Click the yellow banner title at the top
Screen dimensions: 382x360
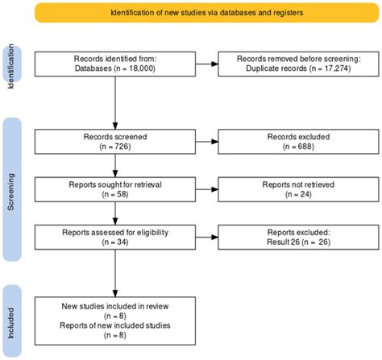pos(207,13)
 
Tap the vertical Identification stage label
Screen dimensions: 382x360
pos(10,66)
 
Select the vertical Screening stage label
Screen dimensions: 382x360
pos(10,192)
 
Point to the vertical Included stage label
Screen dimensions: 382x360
pos(10,323)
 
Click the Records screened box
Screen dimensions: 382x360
pos(115,142)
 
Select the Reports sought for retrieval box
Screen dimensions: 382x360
pos(115,189)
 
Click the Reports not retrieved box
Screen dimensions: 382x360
pos(298,189)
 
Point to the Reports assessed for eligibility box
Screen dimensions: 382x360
pos(115,237)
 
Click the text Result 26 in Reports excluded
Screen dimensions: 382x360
pos(283,242)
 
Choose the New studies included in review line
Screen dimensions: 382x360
pos(115,306)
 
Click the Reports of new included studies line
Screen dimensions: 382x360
pos(115,325)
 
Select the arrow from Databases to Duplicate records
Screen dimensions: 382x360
pos(207,64)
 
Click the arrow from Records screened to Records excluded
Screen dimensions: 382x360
pos(207,142)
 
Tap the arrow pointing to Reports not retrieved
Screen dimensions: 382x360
pos(207,189)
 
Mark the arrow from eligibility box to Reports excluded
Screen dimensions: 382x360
pos(207,237)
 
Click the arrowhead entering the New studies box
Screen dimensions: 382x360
pos(115,293)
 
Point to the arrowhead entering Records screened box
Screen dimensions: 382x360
pos(115,126)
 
